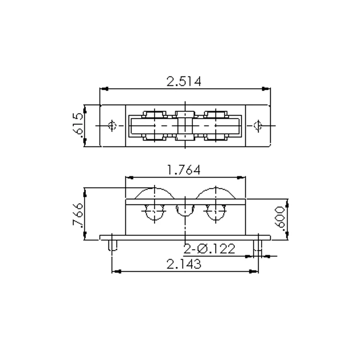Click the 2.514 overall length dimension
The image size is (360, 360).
pyautogui.click(x=184, y=81)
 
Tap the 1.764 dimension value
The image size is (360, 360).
pyautogui.click(x=184, y=170)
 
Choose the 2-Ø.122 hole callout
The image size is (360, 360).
pyautogui.click(x=210, y=249)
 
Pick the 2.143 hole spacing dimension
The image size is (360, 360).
pyautogui.click(x=184, y=264)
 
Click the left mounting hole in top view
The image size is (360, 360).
pyautogui.click(x=112, y=126)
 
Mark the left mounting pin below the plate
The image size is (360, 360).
pyautogui.click(x=112, y=245)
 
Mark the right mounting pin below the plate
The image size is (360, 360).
pyautogui.click(x=258, y=245)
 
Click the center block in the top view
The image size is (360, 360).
pyautogui.click(x=185, y=126)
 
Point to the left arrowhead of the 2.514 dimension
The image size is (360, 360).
pyautogui.click(x=103, y=89)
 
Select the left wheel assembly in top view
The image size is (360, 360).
pyautogui.click(x=155, y=126)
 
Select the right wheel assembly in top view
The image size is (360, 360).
pyautogui.click(x=216, y=126)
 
